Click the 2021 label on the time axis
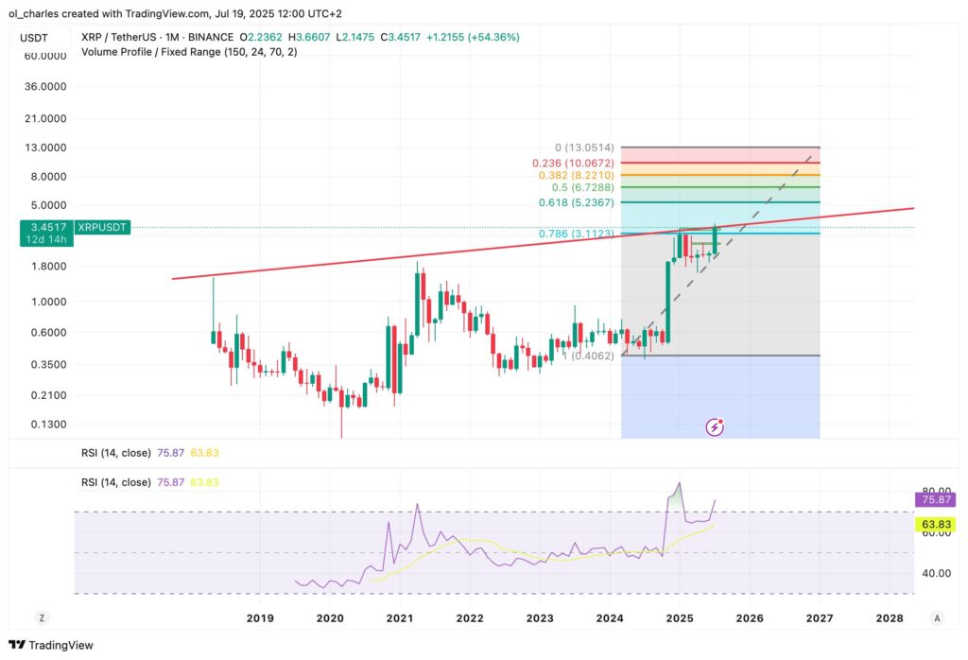click(399, 617)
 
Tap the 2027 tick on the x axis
click(819, 617)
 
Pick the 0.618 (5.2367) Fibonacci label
click(576, 202)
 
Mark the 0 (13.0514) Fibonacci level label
click(584, 148)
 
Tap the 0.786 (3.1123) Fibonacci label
click(576, 234)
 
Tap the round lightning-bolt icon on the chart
click(716, 426)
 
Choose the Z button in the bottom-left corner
click(42, 617)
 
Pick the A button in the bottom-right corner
click(936, 617)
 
